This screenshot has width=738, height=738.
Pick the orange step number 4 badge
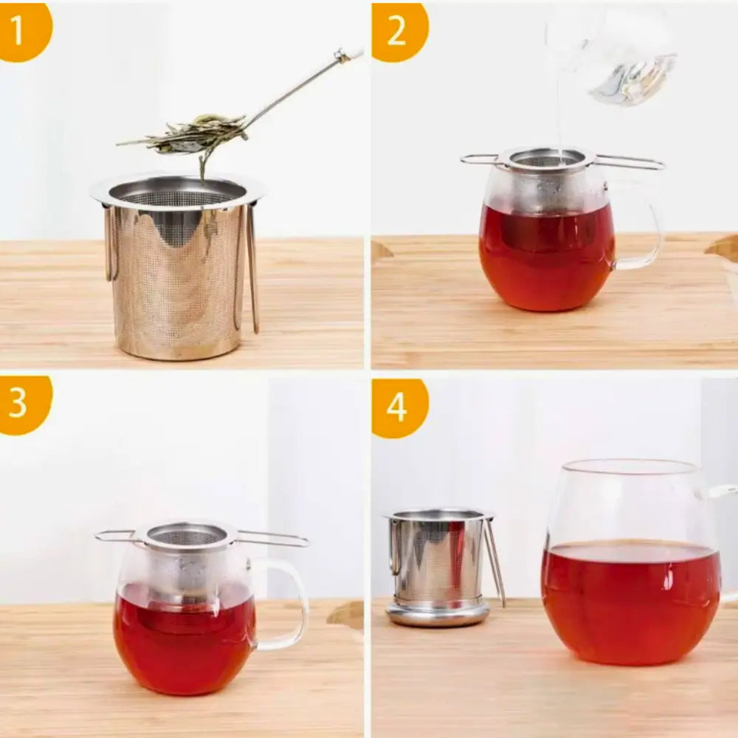(399, 407)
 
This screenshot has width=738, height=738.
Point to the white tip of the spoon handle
(351, 53)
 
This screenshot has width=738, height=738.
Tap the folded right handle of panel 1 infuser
(252, 266)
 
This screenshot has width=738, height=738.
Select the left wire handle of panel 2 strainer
(481, 159)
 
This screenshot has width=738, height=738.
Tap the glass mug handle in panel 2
(642, 229)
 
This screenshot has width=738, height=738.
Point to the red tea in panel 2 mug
(546, 258)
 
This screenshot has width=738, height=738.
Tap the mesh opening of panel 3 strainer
(188, 536)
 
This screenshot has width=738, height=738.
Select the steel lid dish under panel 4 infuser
(438, 614)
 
